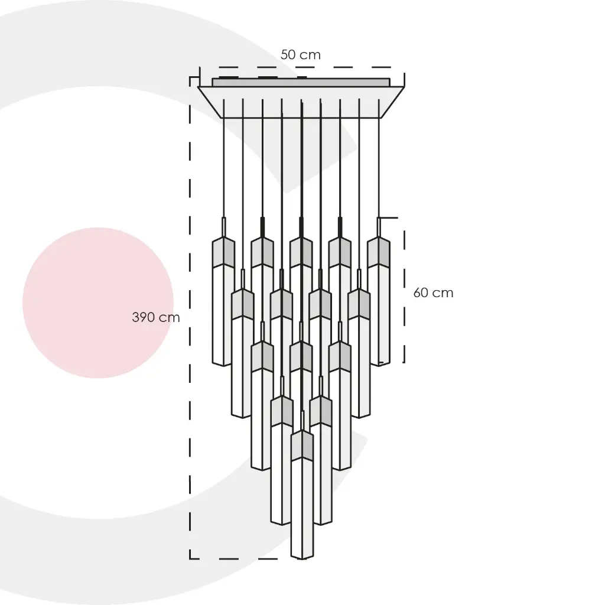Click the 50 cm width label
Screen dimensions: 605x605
(300, 55)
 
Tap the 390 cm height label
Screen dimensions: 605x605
(156, 317)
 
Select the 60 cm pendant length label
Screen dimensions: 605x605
(433, 293)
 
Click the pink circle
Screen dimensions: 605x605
(98, 303)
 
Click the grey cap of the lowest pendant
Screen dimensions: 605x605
(302, 445)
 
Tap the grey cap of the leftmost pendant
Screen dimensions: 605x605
(223, 252)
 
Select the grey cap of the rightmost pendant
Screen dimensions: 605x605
(379, 252)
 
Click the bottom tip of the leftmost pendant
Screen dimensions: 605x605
(223, 366)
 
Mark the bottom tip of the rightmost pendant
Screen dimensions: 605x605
(379, 366)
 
